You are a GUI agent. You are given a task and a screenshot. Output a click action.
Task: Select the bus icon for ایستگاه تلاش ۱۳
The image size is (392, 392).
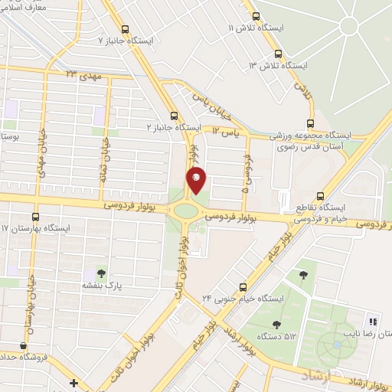coord(277,54)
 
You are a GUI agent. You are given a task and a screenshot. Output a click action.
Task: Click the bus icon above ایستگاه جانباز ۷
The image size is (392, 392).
coord(101,38)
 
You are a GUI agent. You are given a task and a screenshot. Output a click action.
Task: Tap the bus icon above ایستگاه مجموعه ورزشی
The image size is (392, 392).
coord(310,123)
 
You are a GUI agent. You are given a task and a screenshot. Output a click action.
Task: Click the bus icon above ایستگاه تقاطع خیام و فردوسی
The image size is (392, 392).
coord(322,195)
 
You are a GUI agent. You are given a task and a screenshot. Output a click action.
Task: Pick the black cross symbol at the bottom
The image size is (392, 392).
coord(73,383)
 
